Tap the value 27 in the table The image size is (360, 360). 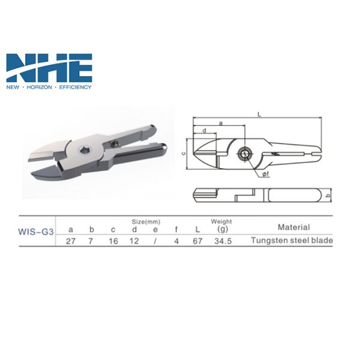point(71,241)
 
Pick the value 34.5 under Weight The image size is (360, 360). point(221,241)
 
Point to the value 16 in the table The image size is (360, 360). point(113,241)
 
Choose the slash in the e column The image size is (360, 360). point(155,241)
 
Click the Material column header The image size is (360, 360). point(293,227)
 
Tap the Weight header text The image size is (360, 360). point(221,221)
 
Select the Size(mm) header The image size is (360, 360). point(145,221)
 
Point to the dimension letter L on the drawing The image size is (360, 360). point(259,112)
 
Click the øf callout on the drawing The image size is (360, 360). point(264,174)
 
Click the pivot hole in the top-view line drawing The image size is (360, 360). point(245,153)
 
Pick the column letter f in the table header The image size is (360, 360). point(175,229)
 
